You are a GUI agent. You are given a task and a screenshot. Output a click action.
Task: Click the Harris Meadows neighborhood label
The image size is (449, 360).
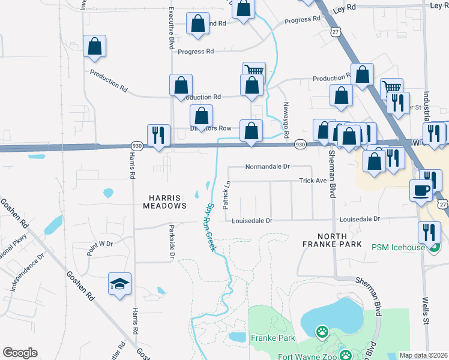164,201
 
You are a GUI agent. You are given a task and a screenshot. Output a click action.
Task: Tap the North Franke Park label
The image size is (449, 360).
332,239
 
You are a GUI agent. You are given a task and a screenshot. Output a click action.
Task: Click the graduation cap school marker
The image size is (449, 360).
119,283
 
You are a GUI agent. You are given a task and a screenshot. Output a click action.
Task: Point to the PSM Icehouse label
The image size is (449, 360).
397,247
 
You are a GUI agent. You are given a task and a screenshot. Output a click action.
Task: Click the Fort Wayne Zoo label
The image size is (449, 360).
306,354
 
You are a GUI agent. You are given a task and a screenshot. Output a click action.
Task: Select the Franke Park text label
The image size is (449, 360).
273,338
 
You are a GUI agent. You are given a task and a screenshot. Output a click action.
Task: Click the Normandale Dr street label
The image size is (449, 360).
267,166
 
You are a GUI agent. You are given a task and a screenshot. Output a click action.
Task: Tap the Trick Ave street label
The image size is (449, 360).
313,181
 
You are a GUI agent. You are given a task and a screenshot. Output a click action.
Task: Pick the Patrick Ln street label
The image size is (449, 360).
227,196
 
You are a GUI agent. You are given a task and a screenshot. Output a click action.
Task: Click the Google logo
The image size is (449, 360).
20,353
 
